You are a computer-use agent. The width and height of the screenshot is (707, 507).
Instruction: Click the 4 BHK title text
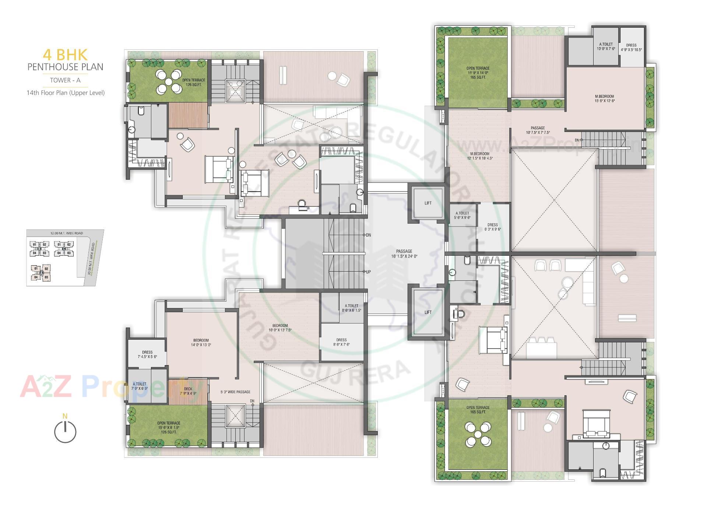(x=65, y=55)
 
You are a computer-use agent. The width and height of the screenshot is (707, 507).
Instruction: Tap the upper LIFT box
(x=428, y=203)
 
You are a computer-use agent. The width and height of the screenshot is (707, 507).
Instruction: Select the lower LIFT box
(x=428, y=312)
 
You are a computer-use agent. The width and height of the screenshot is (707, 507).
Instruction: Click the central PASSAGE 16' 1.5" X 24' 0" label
(x=404, y=253)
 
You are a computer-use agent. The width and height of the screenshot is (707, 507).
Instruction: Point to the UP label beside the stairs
(x=368, y=272)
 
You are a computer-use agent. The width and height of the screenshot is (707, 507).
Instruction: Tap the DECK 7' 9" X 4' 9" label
(x=188, y=391)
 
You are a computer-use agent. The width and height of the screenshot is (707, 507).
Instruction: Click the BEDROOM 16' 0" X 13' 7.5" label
(x=280, y=328)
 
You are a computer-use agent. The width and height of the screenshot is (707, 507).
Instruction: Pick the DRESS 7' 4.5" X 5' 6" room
(x=147, y=354)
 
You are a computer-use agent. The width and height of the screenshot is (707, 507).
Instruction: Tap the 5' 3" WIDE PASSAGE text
(x=235, y=392)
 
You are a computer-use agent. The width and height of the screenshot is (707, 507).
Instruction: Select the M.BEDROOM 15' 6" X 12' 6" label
(x=604, y=98)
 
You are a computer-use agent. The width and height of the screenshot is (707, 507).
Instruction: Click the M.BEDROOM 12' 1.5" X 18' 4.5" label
(x=479, y=156)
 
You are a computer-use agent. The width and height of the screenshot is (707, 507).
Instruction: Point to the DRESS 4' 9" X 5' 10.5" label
(x=631, y=48)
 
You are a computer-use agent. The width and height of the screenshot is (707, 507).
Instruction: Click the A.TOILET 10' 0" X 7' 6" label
(x=606, y=46)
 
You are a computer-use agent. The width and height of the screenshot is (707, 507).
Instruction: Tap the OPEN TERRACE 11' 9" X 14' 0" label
(x=478, y=73)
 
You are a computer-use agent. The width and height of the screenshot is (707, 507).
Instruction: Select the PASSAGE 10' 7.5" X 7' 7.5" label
(x=538, y=130)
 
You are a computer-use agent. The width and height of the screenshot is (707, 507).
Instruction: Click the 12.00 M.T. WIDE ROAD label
(x=66, y=233)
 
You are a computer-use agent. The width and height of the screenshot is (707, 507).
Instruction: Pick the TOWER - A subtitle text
(x=65, y=80)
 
